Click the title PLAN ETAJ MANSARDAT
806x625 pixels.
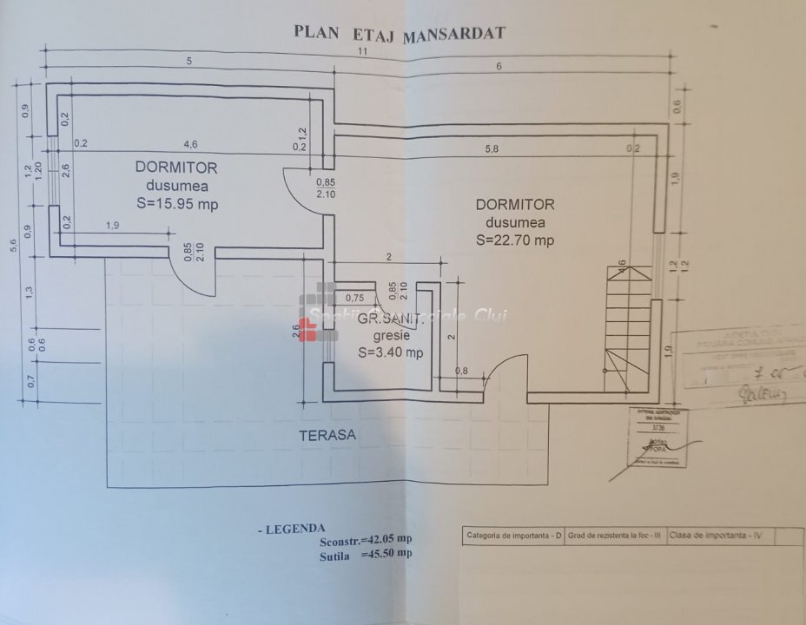400,33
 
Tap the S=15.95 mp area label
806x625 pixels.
176,204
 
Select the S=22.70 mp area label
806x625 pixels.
515,240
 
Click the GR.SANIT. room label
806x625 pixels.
392,319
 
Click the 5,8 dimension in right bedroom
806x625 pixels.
492,148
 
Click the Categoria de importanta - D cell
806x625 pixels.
511,535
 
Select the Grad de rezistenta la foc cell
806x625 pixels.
614,535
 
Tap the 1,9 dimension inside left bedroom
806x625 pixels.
113,226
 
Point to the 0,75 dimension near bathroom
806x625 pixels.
354,298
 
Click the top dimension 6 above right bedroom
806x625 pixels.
499,67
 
